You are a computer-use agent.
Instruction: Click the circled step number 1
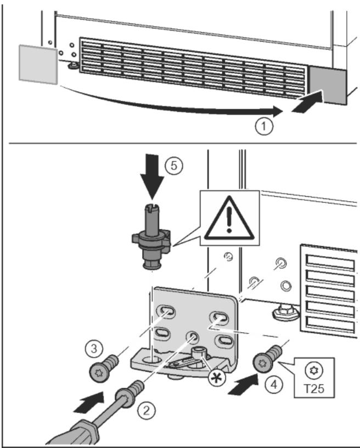click(x=263, y=126)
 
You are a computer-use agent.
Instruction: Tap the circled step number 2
click(x=147, y=411)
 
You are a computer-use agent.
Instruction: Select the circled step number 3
click(x=94, y=349)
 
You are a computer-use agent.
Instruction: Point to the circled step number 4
click(x=274, y=385)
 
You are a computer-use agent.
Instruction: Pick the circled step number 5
click(x=174, y=166)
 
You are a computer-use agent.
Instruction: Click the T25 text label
click(x=314, y=389)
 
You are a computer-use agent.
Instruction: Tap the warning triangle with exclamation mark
click(x=229, y=218)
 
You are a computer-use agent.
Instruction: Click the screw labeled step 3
click(x=104, y=368)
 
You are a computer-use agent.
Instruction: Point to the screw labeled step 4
click(x=267, y=359)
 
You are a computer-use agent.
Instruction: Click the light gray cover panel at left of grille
click(x=38, y=65)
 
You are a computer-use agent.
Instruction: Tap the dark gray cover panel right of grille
click(x=328, y=84)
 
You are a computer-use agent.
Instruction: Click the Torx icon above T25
click(x=314, y=371)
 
